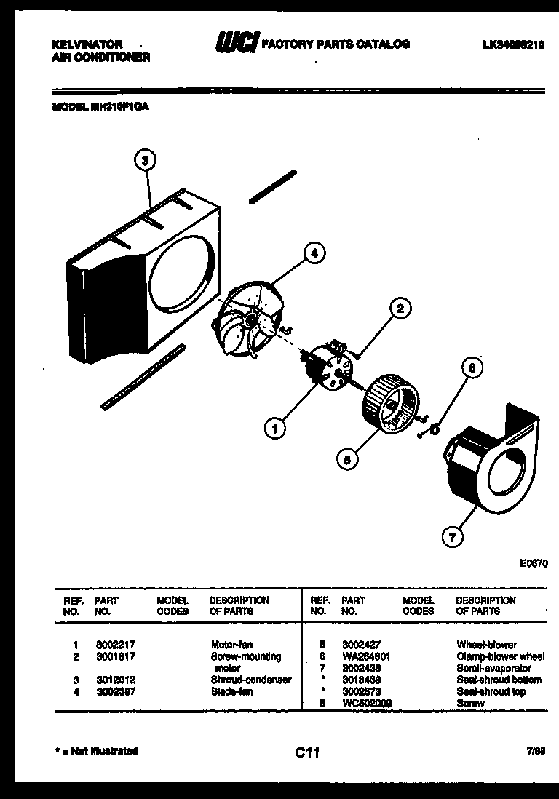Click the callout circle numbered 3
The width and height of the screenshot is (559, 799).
(x=146, y=160)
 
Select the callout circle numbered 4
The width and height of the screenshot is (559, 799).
(x=314, y=253)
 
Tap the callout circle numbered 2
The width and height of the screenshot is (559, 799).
(x=400, y=308)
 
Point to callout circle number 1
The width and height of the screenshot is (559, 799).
(x=274, y=429)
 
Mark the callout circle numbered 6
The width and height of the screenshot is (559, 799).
(x=471, y=369)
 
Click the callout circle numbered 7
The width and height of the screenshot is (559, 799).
(x=452, y=538)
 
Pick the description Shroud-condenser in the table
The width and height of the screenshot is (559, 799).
(x=250, y=680)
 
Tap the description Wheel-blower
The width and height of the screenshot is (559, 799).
(x=486, y=645)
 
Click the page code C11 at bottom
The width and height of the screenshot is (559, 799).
(x=307, y=753)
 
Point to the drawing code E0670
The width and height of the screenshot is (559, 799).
(x=534, y=563)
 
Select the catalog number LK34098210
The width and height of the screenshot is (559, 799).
(x=513, y=44)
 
